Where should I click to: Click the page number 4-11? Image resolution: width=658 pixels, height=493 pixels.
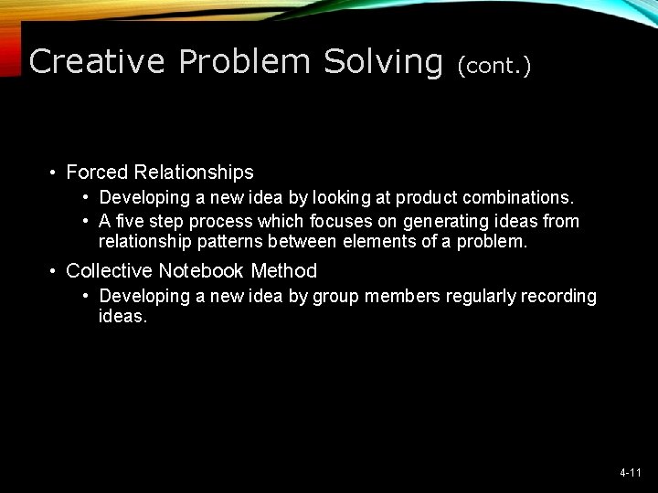630,473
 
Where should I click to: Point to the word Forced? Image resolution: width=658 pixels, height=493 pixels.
97,172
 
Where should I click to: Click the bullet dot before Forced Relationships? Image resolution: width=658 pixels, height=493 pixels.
55,172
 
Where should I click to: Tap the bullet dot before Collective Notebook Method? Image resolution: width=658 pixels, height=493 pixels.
55,270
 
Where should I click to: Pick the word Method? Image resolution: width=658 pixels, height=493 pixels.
284,270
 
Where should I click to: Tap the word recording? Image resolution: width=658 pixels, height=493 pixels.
557,296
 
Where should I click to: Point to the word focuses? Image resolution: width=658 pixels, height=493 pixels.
342,222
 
